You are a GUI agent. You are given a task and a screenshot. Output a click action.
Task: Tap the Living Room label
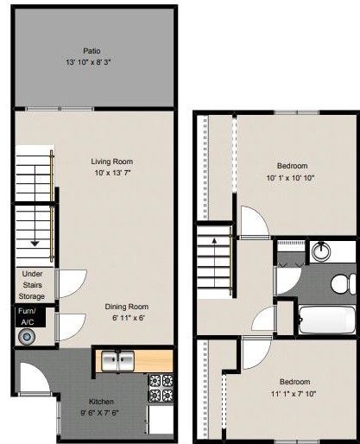click(x=111, y=160)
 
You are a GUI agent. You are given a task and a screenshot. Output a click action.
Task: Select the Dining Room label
click(x=127, y=306)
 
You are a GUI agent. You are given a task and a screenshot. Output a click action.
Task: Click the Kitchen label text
click(x=103, y=401)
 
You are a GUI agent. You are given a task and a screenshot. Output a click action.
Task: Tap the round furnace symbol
click(x=28, y=335)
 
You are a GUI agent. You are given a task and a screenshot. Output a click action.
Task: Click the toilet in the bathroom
click(x=343, y=281)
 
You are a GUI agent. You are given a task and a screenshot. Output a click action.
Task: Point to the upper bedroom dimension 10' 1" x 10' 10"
click(x=291, y=178)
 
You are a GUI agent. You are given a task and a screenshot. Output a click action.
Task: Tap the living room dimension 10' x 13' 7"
click(x=111, y=172)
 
